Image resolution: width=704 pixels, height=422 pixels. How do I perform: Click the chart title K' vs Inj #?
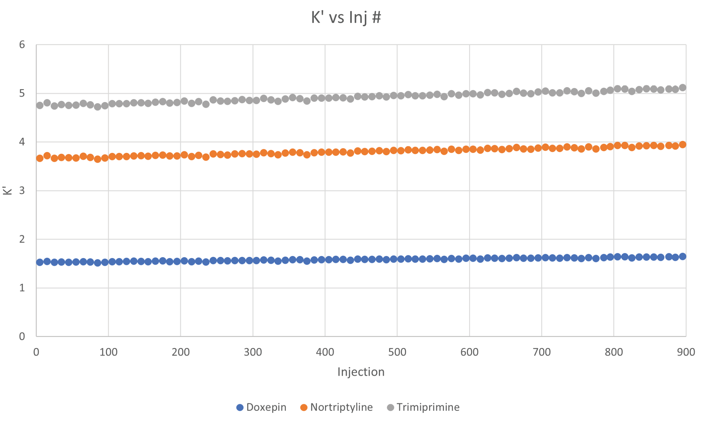[x=346, y=17]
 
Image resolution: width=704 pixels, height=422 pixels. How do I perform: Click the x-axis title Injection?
[x=361, y=372]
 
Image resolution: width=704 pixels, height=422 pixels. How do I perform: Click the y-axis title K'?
[x=7, y=190]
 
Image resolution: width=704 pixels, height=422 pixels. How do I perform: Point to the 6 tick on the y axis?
[x=22, y=45]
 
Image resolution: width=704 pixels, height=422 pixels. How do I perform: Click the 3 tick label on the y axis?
[x=22, y=191]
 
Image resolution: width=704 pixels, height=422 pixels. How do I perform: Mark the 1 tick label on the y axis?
[x=22, y=288]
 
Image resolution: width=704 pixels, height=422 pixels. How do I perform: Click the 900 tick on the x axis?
[x=686, y=352]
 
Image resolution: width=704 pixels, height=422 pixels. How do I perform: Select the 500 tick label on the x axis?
[x=397, y=352]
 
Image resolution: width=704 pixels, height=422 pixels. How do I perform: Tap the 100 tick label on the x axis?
[x=108, y=352]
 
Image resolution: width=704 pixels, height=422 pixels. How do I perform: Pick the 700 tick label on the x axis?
[x=541, y=352]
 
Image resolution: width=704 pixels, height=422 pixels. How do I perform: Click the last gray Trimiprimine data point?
[x=682, y=88]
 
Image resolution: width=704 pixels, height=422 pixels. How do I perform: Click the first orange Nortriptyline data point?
[x=40, y=158]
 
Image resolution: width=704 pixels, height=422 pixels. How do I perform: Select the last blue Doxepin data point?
[x=682, y=256]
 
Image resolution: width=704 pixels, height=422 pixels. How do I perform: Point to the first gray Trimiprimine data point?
[x=40, y=105]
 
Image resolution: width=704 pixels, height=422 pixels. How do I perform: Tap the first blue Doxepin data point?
[x=40, y=262]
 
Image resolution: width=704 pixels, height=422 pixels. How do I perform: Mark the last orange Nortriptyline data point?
[x=682, y=145]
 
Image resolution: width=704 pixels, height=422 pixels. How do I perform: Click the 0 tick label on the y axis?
[x=22, y=336]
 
